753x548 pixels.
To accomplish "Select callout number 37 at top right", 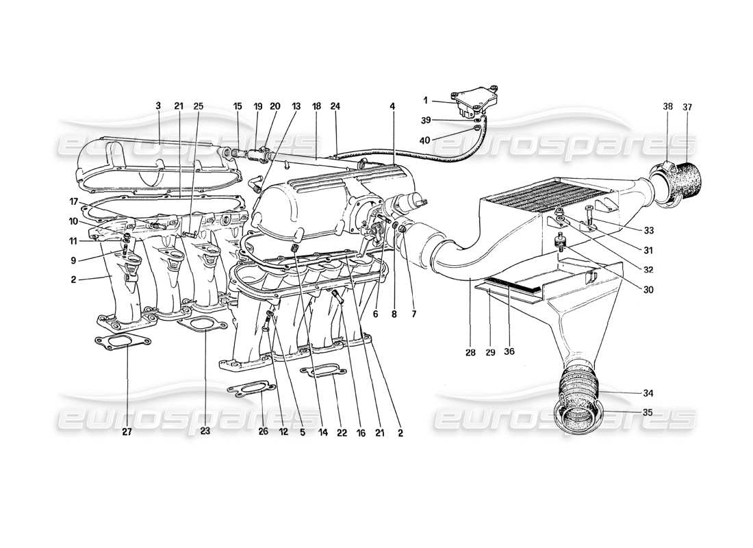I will [687, 107].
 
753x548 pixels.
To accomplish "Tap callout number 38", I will [668, 107].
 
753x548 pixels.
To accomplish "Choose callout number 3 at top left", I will [158, 106].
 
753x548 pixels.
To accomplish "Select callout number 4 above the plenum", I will [393, 106].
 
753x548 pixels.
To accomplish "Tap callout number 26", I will [264, 432].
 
